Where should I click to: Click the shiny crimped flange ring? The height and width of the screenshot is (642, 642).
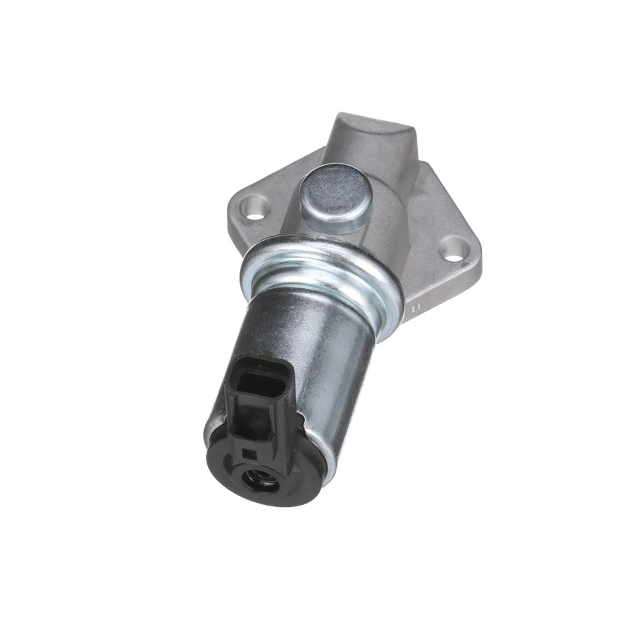(x=321, y=267)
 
